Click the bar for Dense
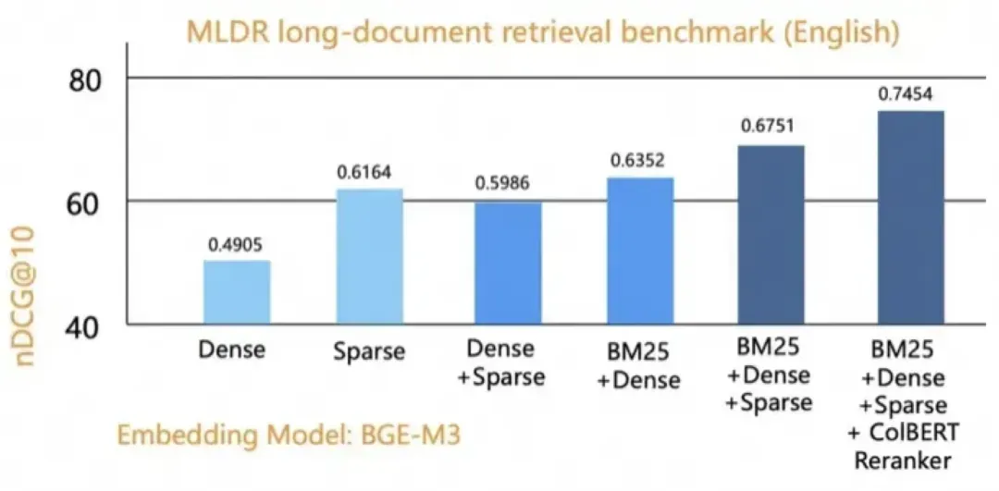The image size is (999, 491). point(237,292)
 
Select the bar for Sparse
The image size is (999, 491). point(369,256)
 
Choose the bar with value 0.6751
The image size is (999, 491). point(771,235)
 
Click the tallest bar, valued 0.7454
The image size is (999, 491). point(910,217)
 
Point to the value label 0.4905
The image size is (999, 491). point(236,245)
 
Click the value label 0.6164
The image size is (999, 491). point(368,173)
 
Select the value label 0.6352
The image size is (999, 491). point(640,160)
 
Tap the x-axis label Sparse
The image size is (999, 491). point(368,351)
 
